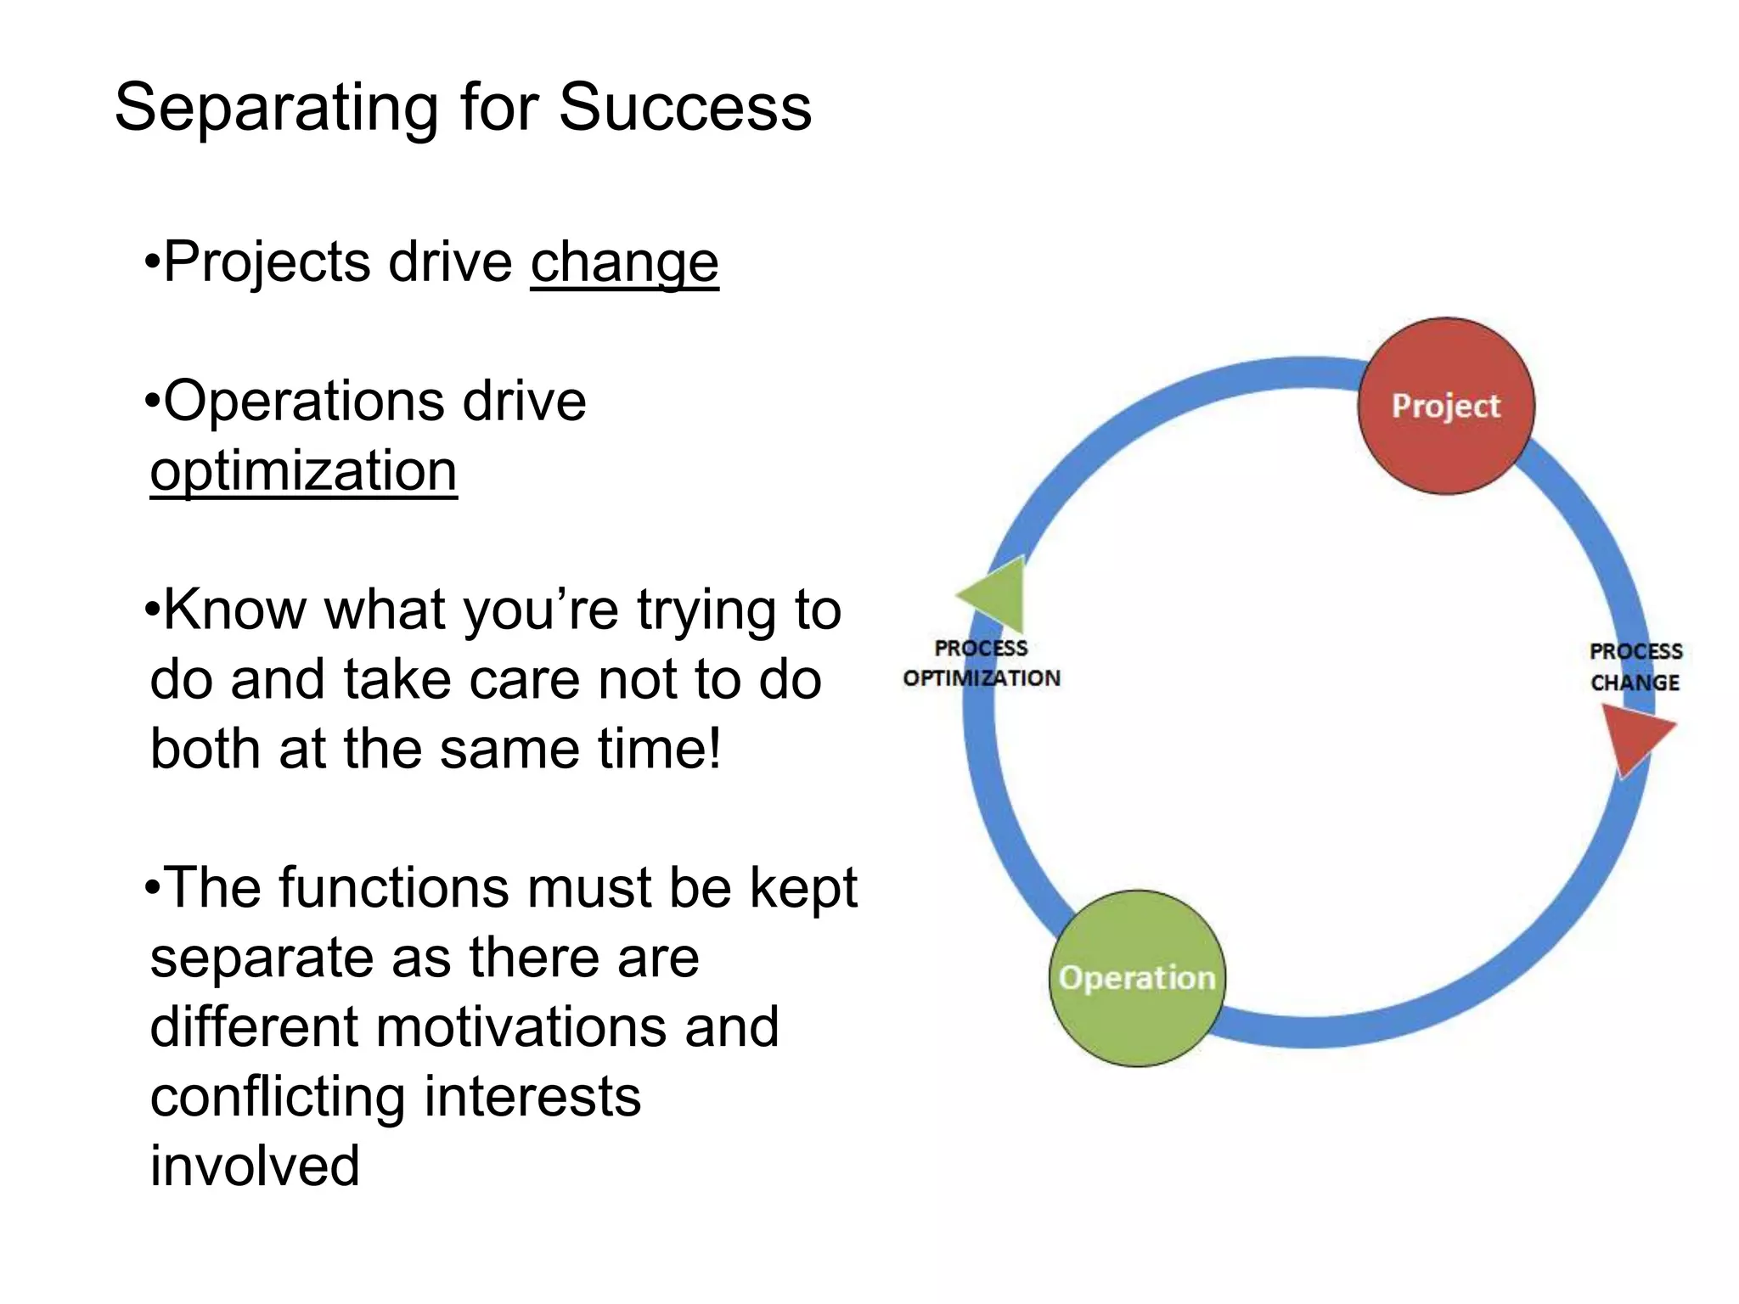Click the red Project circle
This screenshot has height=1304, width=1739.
(1446, 406)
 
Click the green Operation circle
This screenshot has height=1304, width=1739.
(1137, 978)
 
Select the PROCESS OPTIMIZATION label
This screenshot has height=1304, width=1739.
(982, 663)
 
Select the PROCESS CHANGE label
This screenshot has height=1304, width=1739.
(1635, 667)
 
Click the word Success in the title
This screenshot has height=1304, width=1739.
(684, 108)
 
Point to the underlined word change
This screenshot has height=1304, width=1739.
(624, 262)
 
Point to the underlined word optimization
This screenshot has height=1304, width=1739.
(303, 471)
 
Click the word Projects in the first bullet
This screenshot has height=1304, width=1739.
(266, 262)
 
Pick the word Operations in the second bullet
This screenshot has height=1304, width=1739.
(302, 401)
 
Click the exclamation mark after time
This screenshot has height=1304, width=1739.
(713, 748)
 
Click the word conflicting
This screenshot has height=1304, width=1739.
(278, 1097)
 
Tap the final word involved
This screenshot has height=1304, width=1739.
(255, 1166)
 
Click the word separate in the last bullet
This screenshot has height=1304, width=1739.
(261, 958)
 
